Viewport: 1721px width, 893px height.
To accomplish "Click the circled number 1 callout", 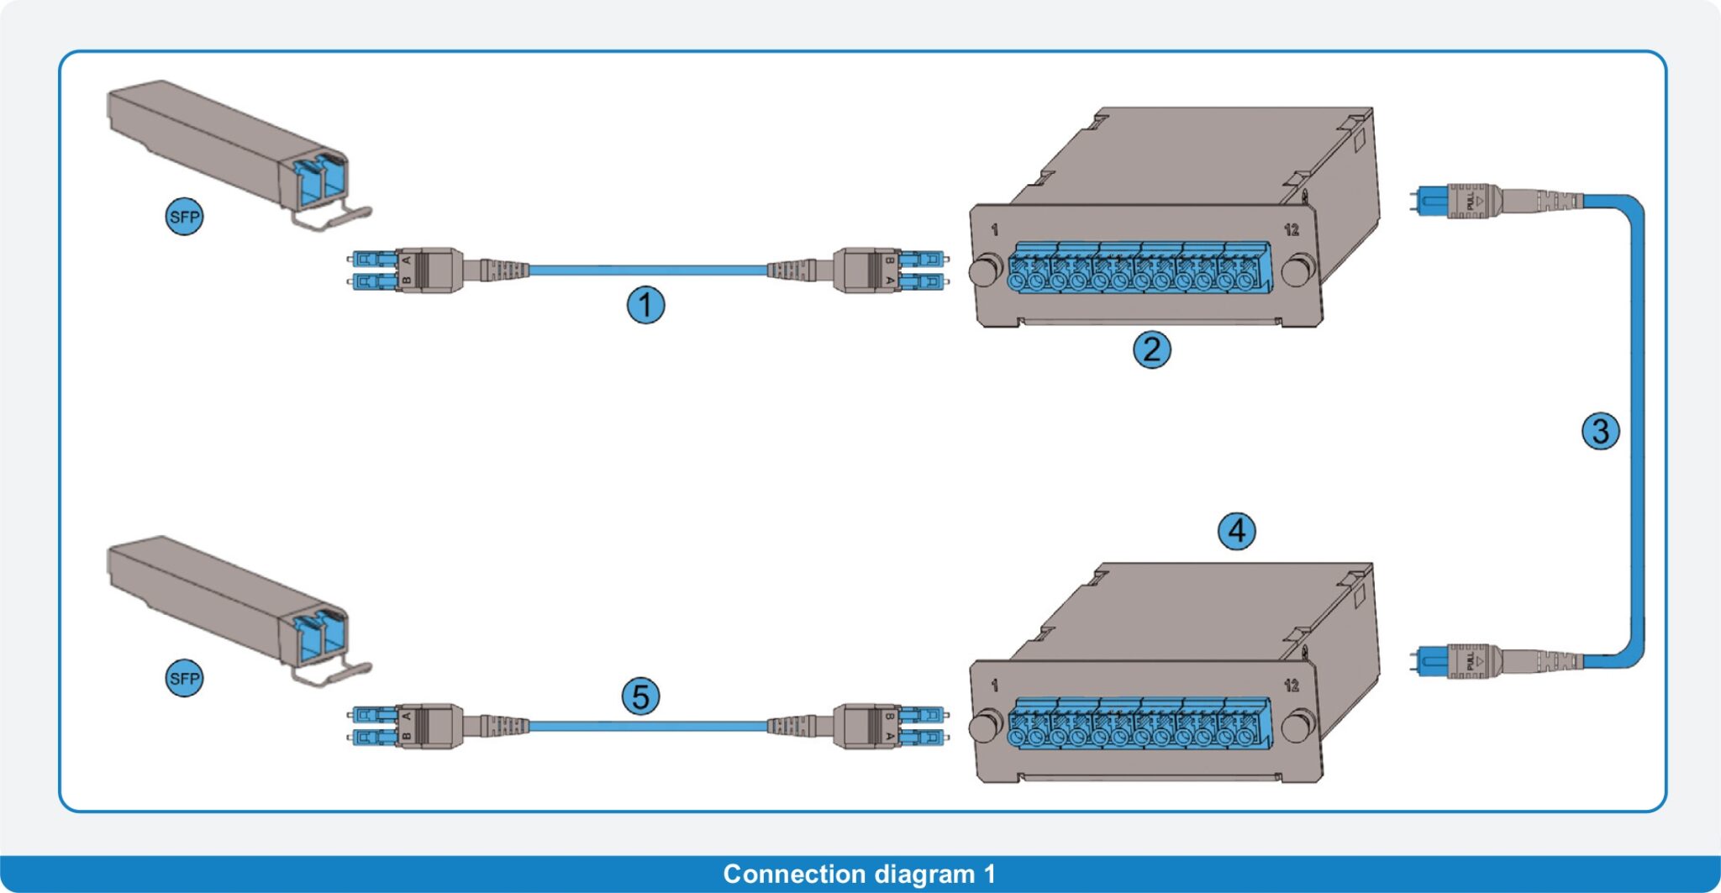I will [645, 305].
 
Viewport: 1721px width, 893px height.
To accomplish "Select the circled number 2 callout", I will [1151, 349].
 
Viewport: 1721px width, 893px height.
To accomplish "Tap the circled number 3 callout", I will [1600, 431].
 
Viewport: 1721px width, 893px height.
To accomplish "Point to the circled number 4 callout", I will [1236, 531].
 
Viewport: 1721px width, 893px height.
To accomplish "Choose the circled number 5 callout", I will [640, 696].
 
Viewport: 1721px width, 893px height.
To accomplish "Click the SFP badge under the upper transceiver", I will [184, 217].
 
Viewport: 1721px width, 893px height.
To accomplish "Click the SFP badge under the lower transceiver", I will [184, 678].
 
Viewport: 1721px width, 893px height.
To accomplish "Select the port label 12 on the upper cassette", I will [1291, 229].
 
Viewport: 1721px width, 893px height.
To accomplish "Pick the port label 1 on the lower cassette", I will [995, 686].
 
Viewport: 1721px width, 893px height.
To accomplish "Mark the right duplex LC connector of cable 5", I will [891, 726].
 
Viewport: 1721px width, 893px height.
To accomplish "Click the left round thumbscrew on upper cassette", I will [984, 271].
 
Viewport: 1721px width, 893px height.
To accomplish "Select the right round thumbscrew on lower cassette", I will [1299, 725].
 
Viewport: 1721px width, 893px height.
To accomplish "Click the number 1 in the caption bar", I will [989, 874].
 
